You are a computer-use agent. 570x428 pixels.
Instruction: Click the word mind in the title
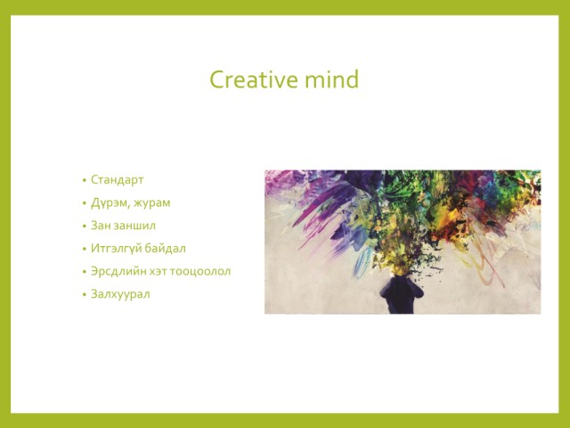[x=332, y=79]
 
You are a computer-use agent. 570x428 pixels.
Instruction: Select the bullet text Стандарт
[x=117, y=180]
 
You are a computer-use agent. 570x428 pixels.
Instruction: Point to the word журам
[x=152, y=203]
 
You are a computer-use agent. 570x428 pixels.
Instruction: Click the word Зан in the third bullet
[x=101, y=226]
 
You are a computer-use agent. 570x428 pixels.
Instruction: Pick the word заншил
[x=134, y=226]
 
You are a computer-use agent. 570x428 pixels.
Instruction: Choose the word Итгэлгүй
[x=116, y=249]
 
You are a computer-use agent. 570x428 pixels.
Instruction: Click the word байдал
[x=166, y=249]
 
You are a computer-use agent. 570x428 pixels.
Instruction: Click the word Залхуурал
[x=120, y=294]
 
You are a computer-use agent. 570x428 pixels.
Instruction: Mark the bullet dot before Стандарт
[x=85, y=180]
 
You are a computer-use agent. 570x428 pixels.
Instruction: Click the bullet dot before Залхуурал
[x=85, y=295]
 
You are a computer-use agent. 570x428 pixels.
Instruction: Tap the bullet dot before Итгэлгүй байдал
[x=85, y=250]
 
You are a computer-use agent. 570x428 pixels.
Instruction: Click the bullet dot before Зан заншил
[x=85, y=226]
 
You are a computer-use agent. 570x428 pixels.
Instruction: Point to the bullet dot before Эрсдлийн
[x=85, y=272]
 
